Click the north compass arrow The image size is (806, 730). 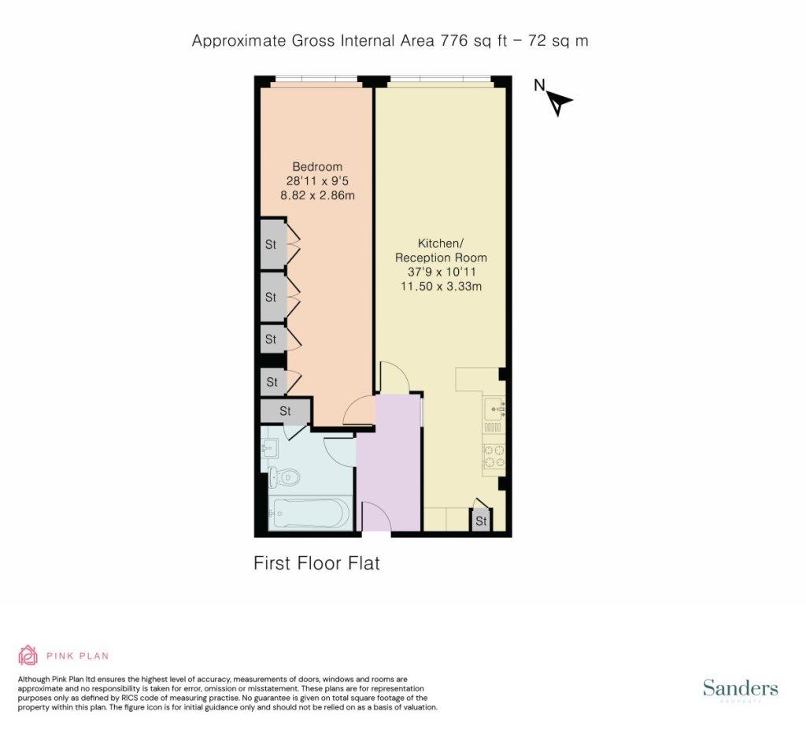(x=560, y=103)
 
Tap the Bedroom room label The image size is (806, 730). (x=317, y=167)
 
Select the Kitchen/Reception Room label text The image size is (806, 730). (x=441, y=250)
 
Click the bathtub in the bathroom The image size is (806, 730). (x=310, y=513)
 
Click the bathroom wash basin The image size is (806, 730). (x=269, y=448)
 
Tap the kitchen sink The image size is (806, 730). (x=494, y=409)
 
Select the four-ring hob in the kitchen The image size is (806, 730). (x=494, y=455)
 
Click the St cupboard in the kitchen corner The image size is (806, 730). (x=481, y=520)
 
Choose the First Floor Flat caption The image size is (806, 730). (x=316, y=563)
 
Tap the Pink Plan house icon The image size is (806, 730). (x=28, y=655)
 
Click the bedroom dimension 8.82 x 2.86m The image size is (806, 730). (x=317, y=195)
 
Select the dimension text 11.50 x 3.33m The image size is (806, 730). (x=441, y=286)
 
